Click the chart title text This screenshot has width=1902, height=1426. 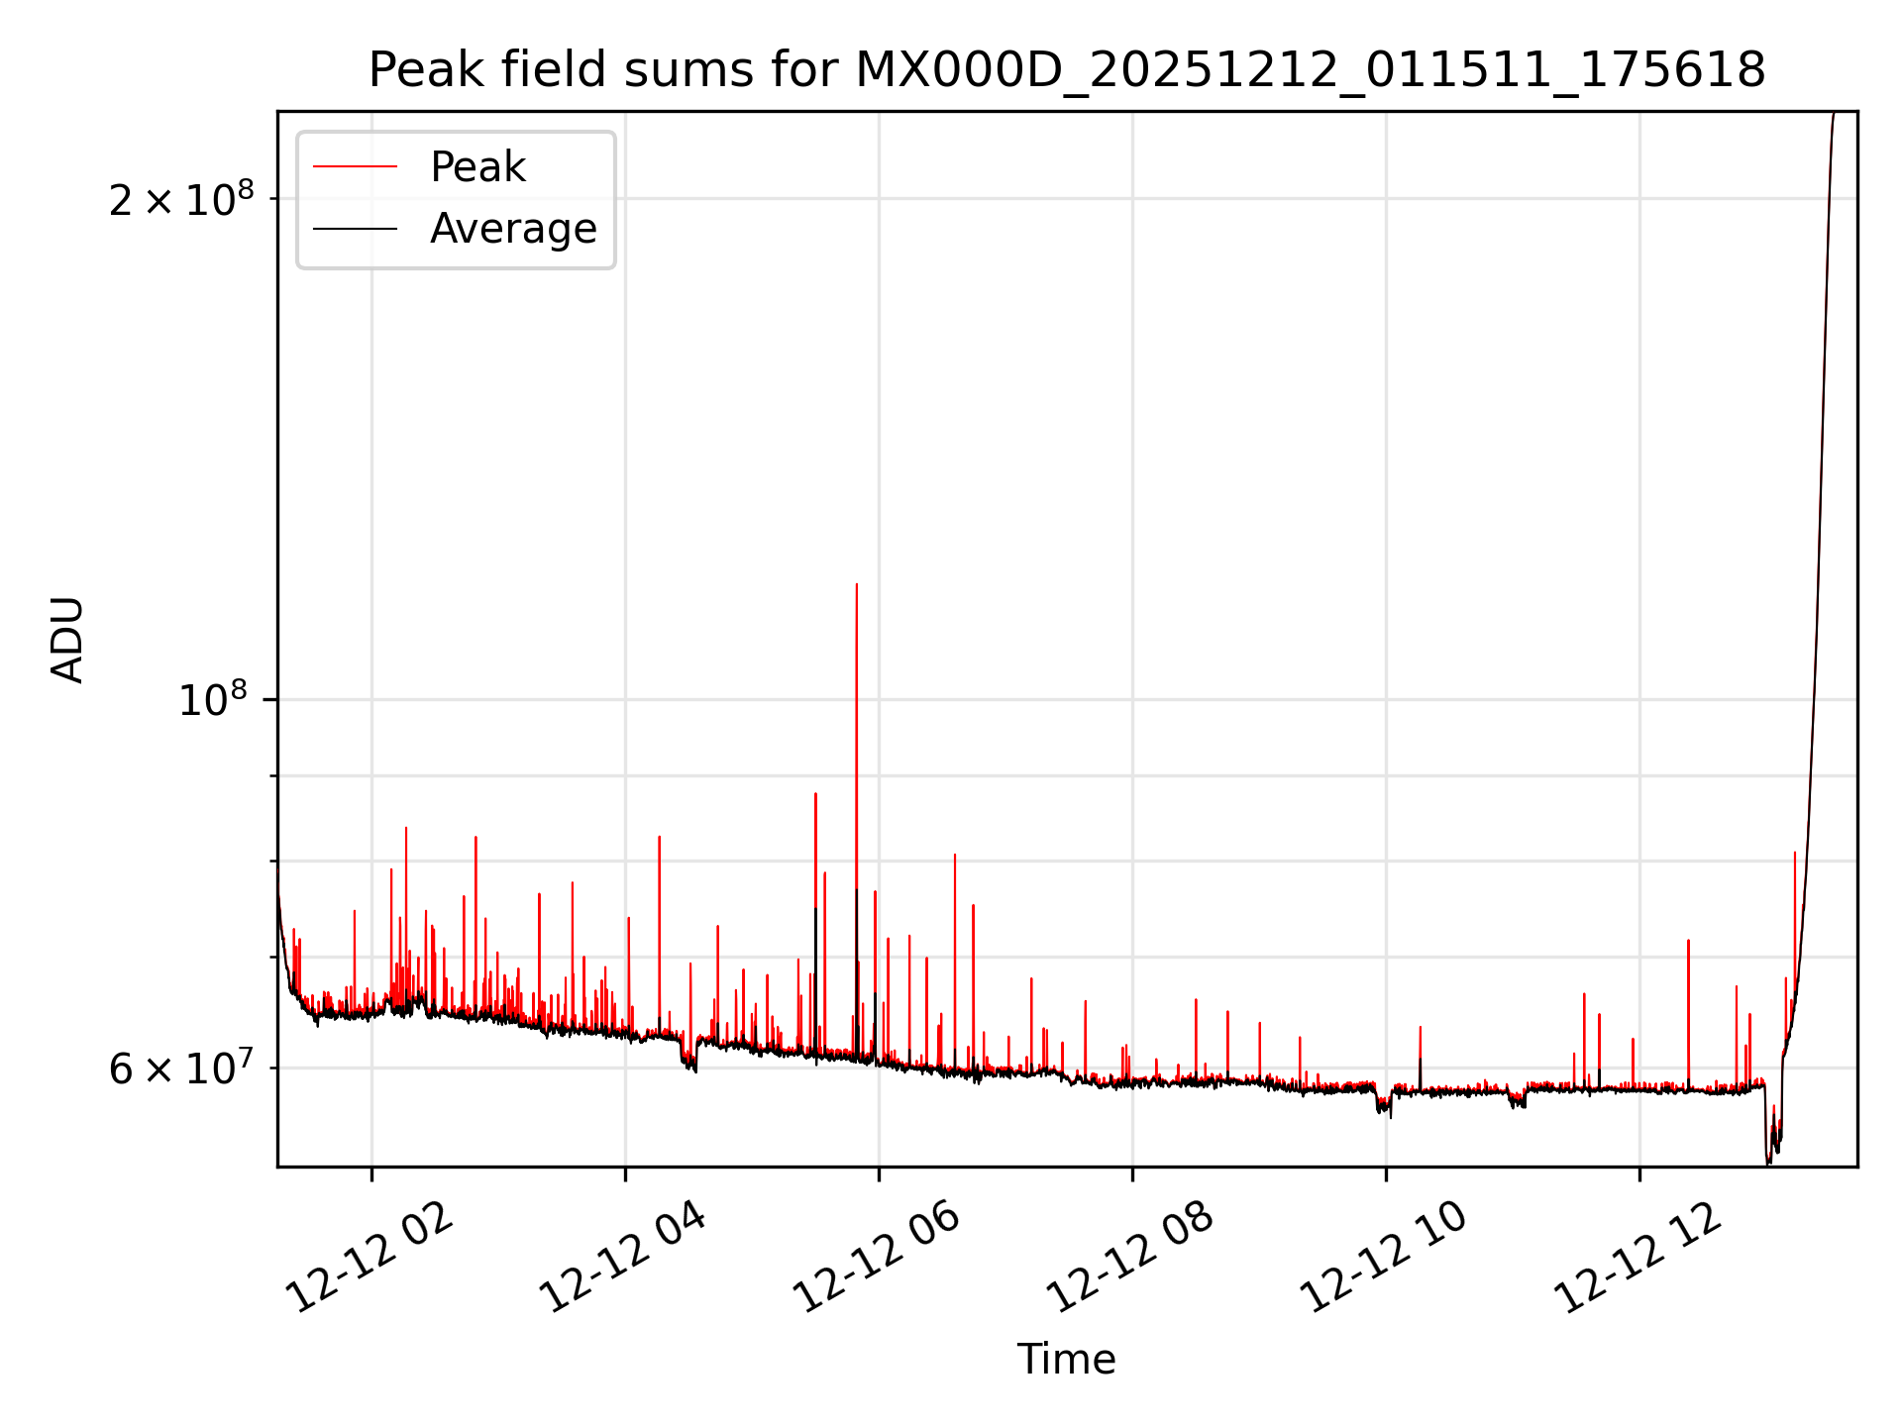click(1067, 70)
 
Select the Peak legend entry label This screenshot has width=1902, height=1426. click(477, 167)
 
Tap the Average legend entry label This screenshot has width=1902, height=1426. click(513, 229)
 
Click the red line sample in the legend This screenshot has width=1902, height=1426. click(355, 167)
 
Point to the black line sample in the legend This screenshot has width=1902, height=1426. click(355, 229)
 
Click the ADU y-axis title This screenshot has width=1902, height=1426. click(67, 639)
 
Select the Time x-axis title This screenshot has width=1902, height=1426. click(1066, 1360)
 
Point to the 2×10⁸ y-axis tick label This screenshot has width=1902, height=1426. click(181, 200)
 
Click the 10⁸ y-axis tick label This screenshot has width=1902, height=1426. click(212, 701)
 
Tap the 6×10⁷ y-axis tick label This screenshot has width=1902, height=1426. click(181, 1069)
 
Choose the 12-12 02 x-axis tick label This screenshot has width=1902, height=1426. click(370, 1259)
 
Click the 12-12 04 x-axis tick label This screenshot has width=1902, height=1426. click(622, 1259)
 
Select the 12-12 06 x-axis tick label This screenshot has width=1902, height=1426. click(876, 1259)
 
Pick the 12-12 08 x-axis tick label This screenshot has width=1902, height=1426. click(1129, 1259)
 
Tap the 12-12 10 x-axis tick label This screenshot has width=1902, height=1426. click(1382, 1259)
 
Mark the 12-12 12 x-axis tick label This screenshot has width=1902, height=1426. click(1637, 1259)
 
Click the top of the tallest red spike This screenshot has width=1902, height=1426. click(857, 585)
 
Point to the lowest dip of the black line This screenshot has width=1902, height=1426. click(1768, 1163)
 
